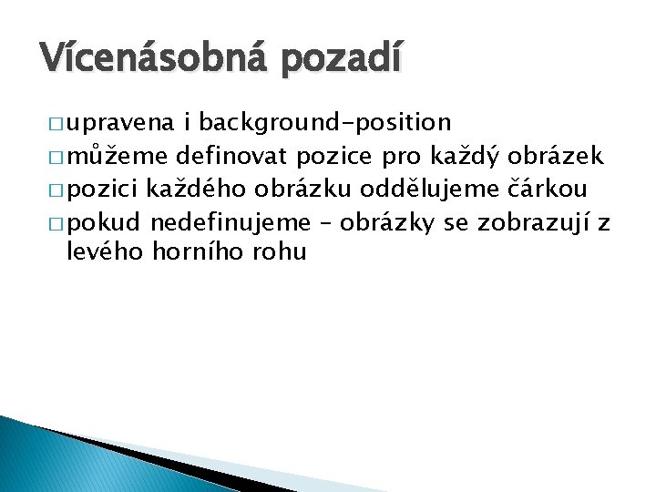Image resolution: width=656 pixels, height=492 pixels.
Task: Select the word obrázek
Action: [x=557, y=156]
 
